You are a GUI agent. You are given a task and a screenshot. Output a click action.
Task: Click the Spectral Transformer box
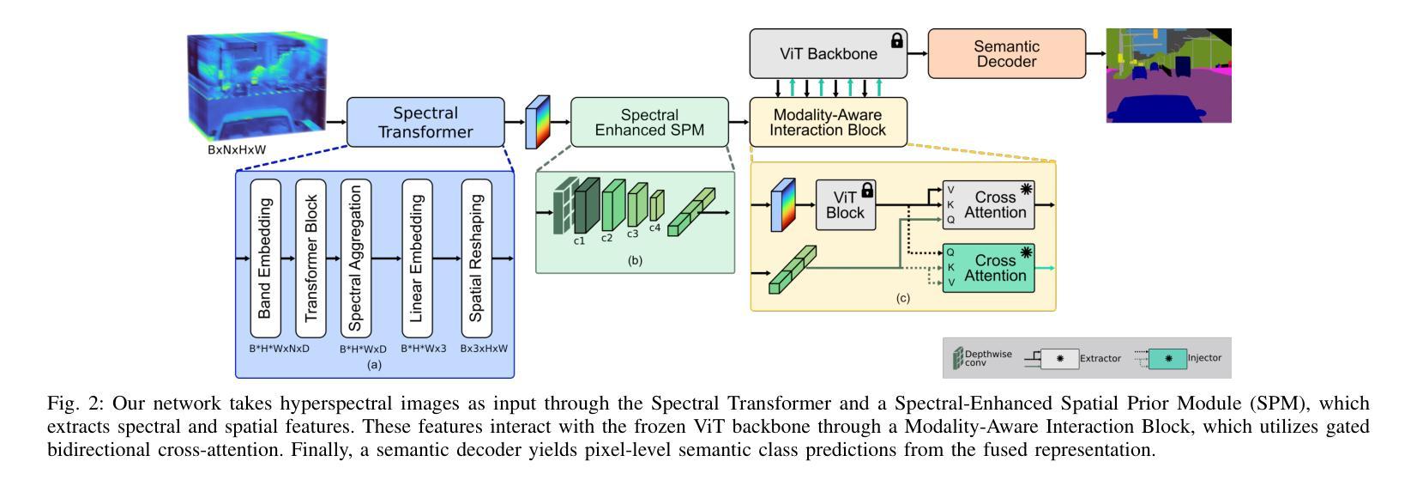(x=425, y=122)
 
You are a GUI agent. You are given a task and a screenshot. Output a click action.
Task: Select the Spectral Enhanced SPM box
(x=649, y=122)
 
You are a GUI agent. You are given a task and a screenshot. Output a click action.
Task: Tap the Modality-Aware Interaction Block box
(x=828, y=122)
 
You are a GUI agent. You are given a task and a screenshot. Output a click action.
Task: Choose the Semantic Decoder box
(x=1006, y=53)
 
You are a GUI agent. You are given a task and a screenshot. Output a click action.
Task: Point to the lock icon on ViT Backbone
(x=897, y=39)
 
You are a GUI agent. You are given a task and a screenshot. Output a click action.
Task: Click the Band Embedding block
(x=265, y=258)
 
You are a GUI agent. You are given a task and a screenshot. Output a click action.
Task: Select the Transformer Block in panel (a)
(x=311, y=258)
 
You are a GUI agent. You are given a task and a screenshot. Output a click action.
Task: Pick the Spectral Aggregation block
(x=356, y=258)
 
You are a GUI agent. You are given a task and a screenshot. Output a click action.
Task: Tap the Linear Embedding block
(x=417, y=258)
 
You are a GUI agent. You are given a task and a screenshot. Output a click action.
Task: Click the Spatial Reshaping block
(x=477, y=258)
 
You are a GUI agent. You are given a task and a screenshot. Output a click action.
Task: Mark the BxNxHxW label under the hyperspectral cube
(x=236, y=149)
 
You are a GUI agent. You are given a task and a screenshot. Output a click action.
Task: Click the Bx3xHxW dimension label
(x=484, y=349)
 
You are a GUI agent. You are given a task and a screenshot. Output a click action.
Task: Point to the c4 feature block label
(x=654, y=228)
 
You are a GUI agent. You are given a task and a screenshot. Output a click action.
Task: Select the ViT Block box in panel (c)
(x=846, y=204)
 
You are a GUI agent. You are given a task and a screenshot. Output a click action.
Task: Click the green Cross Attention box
(x=988, y=268)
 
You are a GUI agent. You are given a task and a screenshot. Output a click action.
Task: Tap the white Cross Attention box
(x=988, y=204)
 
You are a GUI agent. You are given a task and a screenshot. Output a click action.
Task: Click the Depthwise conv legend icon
(x=958, y=359)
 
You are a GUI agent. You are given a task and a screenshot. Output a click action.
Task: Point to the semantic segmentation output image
(x=1168, y=76)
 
